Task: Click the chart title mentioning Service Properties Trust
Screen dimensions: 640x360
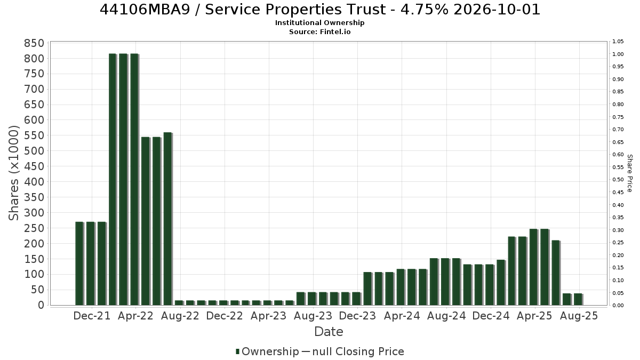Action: click(320, 10)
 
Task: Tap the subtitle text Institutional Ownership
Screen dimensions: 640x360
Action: click(319, 23)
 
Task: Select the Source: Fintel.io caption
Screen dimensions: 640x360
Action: click(319, 31)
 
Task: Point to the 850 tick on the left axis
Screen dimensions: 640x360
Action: click(34, 43)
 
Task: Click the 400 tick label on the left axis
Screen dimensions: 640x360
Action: click(34, 182)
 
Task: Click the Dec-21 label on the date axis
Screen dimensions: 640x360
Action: click(92, 316)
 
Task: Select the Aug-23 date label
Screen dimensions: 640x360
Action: click(313, 316)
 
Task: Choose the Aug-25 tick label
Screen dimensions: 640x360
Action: click(579, 316)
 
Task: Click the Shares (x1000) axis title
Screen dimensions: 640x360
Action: click(13, 173)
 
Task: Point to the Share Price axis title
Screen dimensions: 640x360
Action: click(629, 173)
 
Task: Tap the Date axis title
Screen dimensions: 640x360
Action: click(329, 332)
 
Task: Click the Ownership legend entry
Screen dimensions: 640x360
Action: click(267, 351)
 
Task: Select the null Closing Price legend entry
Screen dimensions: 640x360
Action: click(353, 351)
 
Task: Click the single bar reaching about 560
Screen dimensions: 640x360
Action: click(167, 219)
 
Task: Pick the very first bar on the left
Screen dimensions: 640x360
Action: click(79, 263)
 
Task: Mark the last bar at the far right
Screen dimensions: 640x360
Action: click(578, 299)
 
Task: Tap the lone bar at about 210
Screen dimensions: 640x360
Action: click(556, 273)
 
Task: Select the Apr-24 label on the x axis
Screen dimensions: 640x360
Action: click(402, 316)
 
